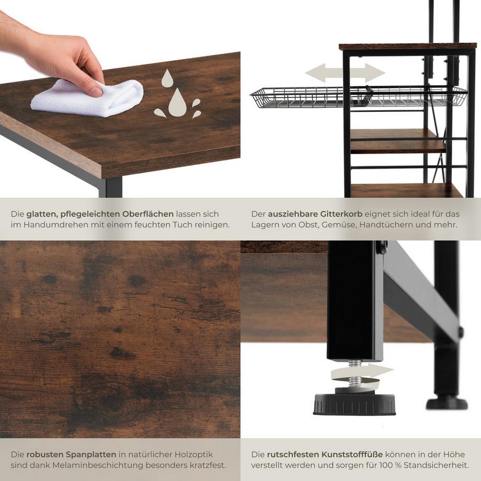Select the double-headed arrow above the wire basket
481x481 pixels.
click(x=345, y=73)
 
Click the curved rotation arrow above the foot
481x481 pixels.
click(x=361, y=372)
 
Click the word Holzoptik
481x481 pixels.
click(x=193, y=454)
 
